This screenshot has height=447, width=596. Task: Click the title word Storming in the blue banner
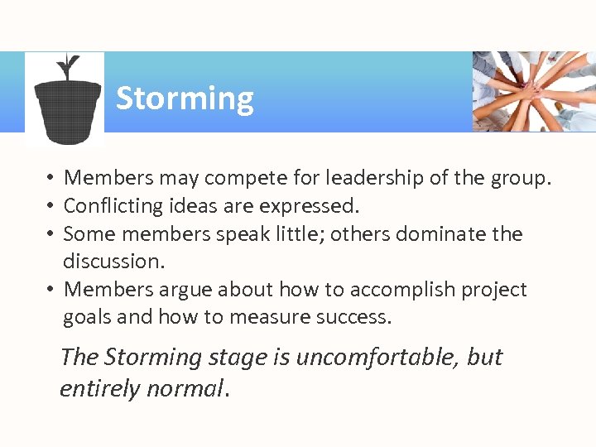pos(185,99)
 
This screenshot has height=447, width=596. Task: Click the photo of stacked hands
pos(534,91)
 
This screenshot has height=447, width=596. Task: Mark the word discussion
pos(113,262)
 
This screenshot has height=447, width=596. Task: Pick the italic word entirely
pos(99,388)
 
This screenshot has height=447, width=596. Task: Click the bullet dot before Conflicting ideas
pos(50,206)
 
